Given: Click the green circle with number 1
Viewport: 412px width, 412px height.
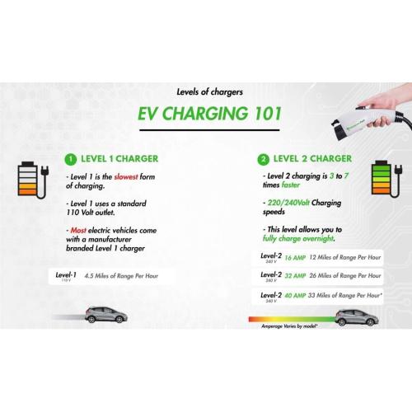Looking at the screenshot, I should (x=71, y=158).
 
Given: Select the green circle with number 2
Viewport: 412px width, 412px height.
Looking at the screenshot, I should (x=263, y=158).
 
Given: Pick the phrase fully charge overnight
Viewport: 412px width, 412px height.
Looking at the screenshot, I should (x=299, y=238).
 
